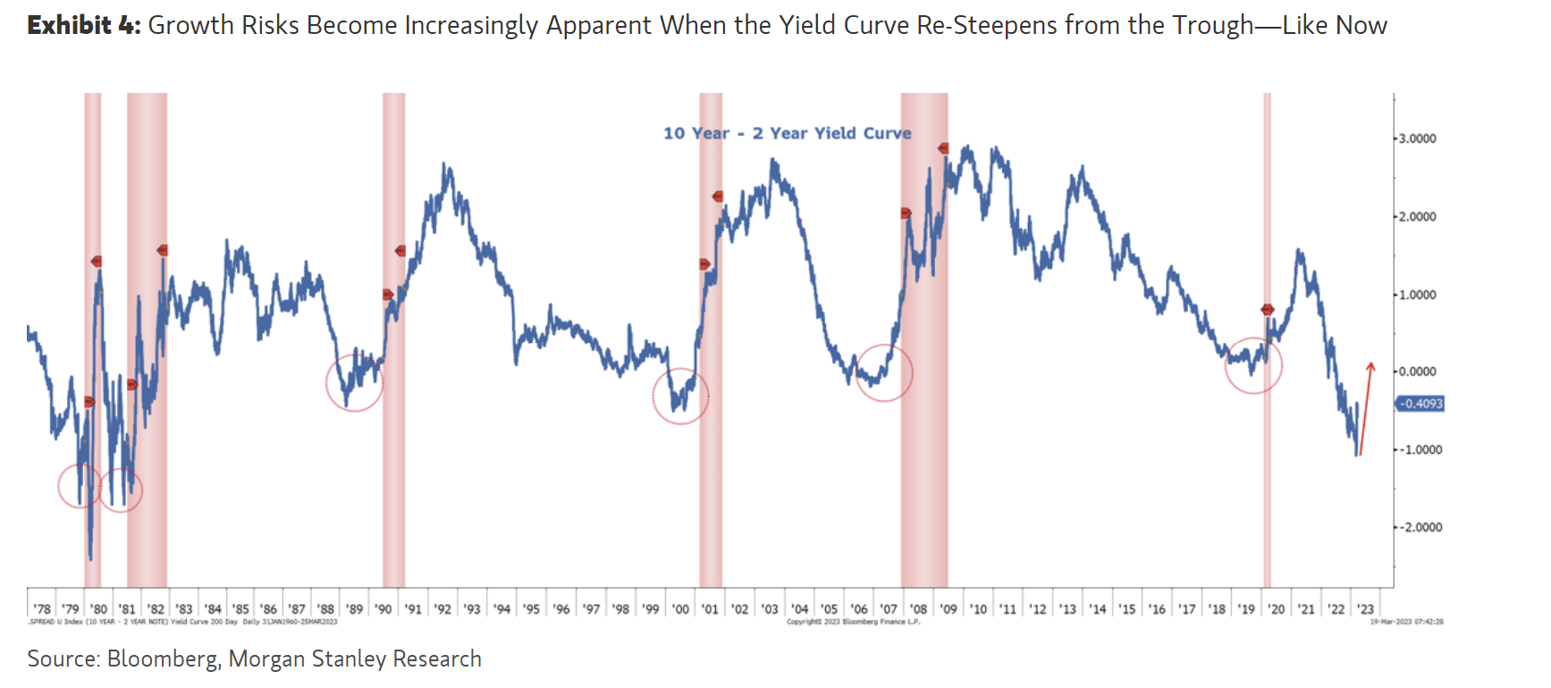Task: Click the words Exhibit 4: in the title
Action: coord(84,25)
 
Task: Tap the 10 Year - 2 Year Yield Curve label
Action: coord(787,133)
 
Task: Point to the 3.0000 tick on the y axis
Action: coord(1417,138)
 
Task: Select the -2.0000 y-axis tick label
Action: coord(1420,527)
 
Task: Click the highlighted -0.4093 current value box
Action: coord(1420,404)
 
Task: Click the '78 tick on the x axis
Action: coord(42,608)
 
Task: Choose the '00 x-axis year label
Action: coord(680,608)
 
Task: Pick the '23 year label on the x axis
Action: coord(1365,608)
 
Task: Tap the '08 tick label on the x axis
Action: coord(918,608)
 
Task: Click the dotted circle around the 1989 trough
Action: coord(354,382)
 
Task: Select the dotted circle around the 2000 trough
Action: coord(680,396)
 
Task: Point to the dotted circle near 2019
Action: coord(1253,365)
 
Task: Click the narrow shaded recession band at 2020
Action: coord(1267,340)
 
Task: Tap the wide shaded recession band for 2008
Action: coord(923,340)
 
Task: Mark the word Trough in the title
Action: coord(1213,25)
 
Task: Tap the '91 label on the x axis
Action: coord(412,608)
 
